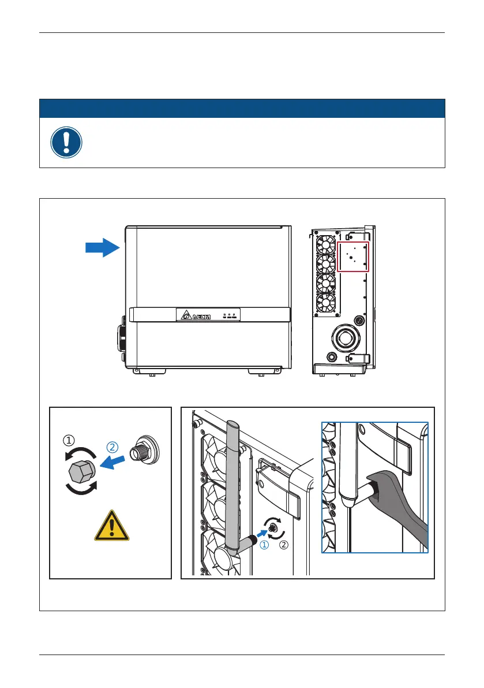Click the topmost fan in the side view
[x=326, y=245]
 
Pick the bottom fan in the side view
[x=326, y=302]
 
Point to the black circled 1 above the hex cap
[x=68, y=440]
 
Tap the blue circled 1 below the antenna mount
[x=265, y=545]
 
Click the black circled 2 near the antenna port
[x=283, y=545]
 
